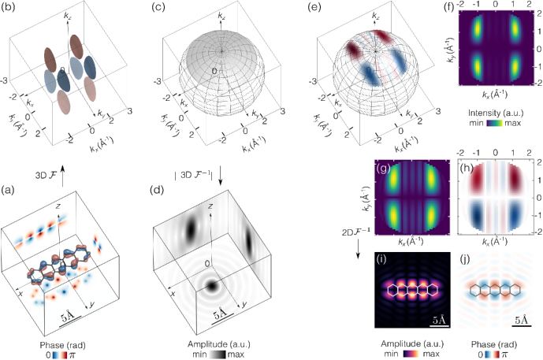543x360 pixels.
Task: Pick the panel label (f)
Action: click(457, 10)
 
